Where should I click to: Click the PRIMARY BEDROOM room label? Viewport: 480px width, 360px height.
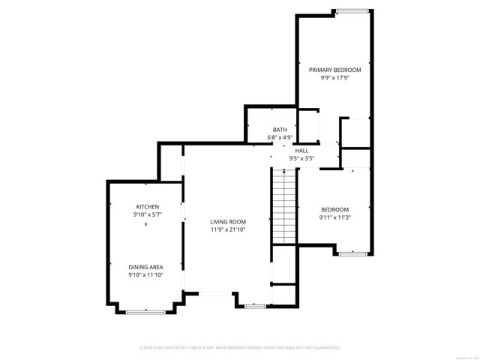point(335,69)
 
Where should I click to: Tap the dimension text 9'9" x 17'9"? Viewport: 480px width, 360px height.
point(335,77)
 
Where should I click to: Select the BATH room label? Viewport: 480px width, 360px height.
point(280,130)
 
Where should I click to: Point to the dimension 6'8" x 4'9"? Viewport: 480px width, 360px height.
point(280,138)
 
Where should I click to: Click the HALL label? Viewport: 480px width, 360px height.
point(301,151)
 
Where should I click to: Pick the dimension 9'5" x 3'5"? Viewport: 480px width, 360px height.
point(301,159)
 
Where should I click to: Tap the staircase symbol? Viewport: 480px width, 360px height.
point(284,206)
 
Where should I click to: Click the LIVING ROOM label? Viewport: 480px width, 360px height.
point(228,221)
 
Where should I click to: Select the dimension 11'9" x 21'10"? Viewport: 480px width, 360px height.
point(228,229)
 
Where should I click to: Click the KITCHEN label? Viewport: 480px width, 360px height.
point(147,207)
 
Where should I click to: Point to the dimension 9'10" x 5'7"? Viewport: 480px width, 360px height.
point(147,215)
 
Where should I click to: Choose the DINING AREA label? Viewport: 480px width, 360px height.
point(145,267)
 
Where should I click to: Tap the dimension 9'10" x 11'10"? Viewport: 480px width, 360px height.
point(145,275)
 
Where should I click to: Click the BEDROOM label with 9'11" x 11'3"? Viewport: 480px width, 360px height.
point(335,209)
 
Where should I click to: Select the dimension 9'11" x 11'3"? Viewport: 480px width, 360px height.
point(335,217)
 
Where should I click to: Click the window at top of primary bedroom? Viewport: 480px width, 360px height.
point(352,11)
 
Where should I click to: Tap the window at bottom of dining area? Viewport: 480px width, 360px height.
point(140,311)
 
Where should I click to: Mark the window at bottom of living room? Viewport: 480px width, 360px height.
point(254,306)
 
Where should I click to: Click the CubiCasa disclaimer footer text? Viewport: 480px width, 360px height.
point(240,348)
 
